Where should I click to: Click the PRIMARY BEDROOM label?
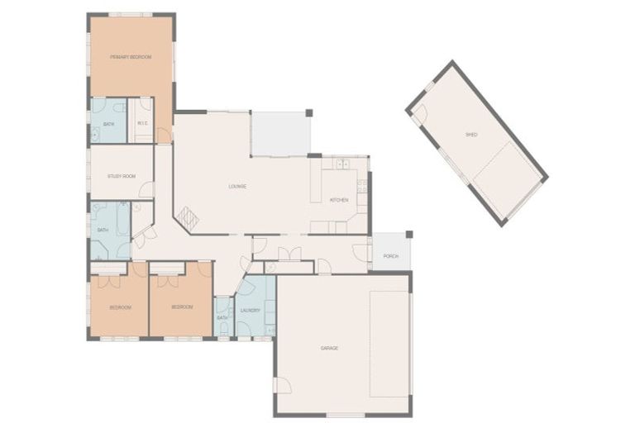coord(131,56)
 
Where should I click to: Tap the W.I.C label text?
coord(142,124)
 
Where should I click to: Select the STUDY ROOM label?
coord(121,176)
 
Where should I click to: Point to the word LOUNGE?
coord(237,186)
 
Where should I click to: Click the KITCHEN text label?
coord(339,200)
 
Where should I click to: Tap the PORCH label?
coord(390,256)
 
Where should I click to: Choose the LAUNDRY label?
coord(251,311)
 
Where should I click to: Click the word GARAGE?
coord(329,348)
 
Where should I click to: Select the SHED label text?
coord(471,134)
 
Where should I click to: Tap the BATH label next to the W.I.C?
coord(108,124)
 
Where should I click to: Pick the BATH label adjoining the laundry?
coord(222,317)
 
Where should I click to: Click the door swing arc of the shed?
coord(419,113)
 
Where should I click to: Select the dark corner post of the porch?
coord(408,234)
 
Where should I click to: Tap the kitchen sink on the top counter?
coord(341,163)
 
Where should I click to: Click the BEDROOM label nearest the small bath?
coord(182,307)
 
